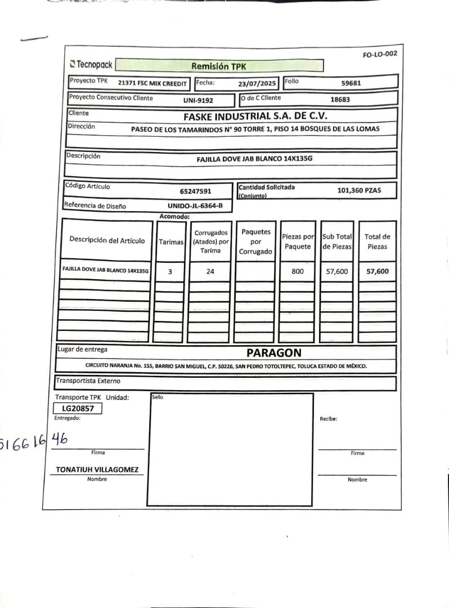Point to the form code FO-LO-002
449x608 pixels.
click(380, 55)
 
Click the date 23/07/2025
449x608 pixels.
click(257, 83)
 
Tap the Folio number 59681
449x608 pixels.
click(351, 83)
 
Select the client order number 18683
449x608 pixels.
click(340, 100)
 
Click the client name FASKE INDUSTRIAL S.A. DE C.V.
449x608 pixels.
click(255, 117)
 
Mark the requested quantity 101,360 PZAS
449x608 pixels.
click(359, 190)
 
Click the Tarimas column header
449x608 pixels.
click(171, 242)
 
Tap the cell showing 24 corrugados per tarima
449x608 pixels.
click(210, 271)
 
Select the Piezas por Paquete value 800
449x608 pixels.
click(298, 271)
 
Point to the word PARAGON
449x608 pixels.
click(273, 353)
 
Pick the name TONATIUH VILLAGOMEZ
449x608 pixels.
click(97, 470)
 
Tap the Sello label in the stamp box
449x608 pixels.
click(158, 397)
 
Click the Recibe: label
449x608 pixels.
click(328, 419)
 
